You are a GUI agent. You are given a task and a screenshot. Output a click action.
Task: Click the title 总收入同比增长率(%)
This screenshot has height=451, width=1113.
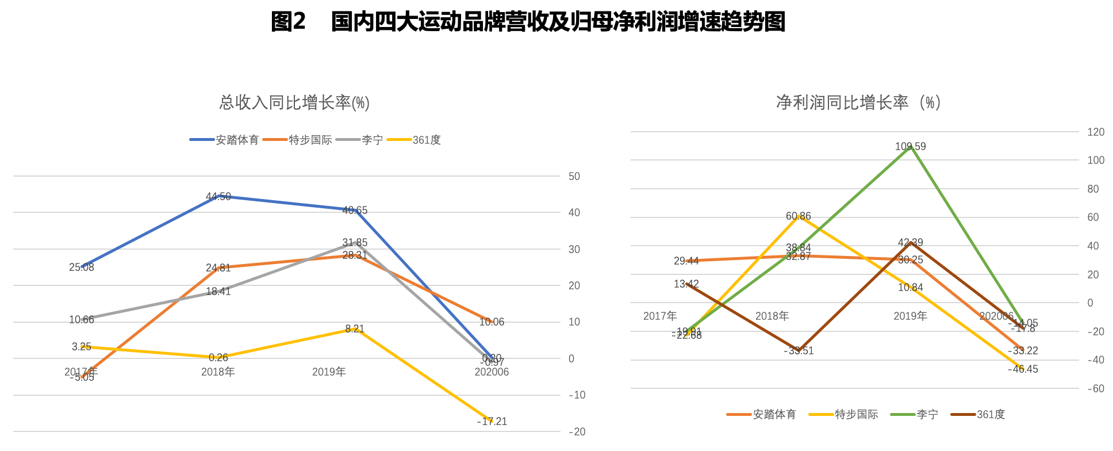(294, 103)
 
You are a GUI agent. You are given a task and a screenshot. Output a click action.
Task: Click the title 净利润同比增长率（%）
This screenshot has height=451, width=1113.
(858, 102)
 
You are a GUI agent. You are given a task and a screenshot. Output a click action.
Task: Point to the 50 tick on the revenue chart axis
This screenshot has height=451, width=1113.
(574, 176)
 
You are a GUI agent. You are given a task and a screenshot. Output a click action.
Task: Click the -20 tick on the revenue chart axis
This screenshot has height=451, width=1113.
(576, 431)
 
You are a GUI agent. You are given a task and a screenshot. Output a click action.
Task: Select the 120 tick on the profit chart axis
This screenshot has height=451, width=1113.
(1096, 132)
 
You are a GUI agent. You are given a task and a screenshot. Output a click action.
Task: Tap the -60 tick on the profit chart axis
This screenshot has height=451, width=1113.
(1096, 389)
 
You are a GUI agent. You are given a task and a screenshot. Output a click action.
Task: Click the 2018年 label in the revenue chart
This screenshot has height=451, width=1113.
(218, 372)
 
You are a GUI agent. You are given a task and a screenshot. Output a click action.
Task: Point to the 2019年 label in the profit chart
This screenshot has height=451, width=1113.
(910, 316)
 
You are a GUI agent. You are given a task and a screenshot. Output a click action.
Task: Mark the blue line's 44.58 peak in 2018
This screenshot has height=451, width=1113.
(218, 196)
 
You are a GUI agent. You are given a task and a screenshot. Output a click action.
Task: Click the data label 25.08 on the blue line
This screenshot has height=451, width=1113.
(82, 267)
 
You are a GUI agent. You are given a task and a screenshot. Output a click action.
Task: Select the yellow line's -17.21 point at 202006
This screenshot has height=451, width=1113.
(492, 421)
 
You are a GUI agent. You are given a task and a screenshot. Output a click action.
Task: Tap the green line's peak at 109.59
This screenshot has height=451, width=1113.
(911, 147)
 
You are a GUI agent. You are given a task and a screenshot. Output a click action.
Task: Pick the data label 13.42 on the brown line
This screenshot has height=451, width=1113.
(686, 284)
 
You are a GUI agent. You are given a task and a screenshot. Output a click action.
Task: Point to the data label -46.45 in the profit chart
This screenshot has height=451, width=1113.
(1023, 369)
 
